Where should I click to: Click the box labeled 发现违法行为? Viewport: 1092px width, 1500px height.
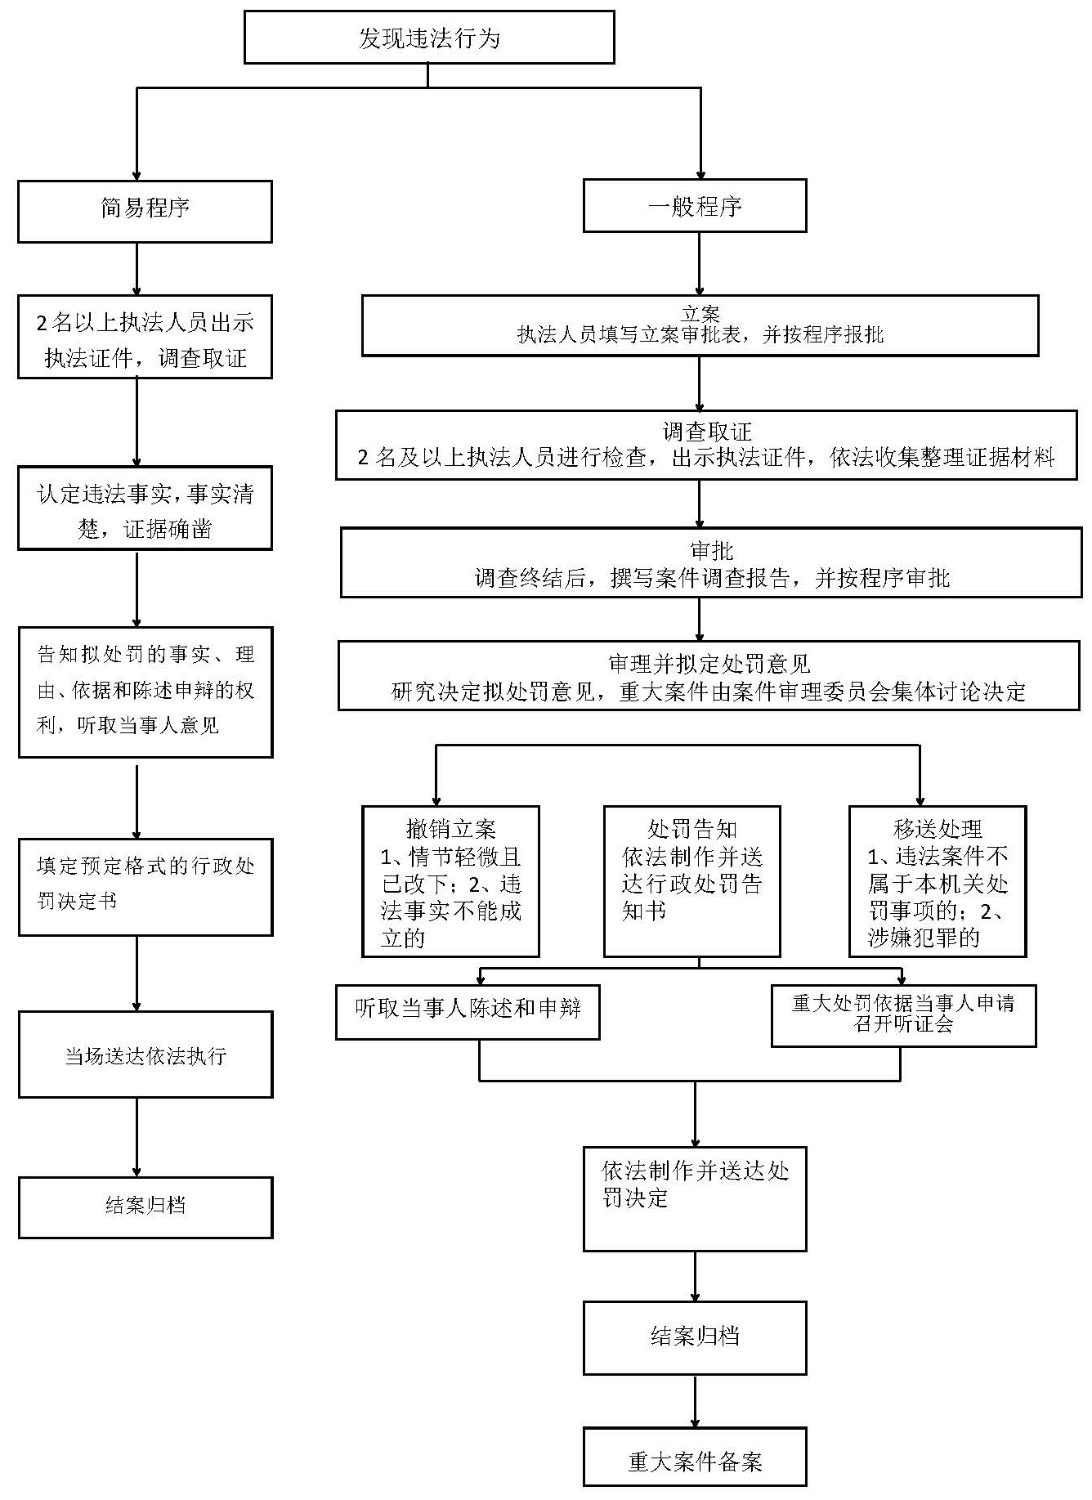coord(429,38)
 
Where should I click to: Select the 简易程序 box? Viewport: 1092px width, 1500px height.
coord(145,212)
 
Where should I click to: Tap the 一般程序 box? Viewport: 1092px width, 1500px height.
coord(694,206)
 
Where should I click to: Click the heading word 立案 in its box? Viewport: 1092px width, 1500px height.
coord(700,314)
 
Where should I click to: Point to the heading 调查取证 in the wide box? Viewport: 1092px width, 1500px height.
coord(706,431)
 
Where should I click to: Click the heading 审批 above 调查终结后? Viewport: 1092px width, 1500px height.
coord(711,550)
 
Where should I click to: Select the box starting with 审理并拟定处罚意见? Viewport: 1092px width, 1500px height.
coord(708,675)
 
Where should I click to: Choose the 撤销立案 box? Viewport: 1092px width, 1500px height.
coord(450,880)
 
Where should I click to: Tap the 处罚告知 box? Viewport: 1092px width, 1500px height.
coord(691,880)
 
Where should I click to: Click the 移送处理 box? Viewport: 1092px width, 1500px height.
coord(937,880)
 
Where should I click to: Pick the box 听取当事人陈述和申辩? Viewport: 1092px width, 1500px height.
coord(468,1011)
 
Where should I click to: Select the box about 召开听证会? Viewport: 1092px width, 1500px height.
coord(903,1014)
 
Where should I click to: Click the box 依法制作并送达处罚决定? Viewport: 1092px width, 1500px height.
coord(695,1198)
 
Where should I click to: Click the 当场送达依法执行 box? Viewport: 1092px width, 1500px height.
coord(145,1054)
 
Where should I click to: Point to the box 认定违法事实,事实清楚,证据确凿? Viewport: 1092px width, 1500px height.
coord(145,508)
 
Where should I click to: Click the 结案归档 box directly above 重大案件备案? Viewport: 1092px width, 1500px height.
coord(695,1337)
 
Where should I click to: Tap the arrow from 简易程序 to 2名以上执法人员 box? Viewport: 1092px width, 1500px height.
coord(136,269)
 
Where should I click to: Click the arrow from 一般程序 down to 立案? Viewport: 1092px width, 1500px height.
coord(699,264)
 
